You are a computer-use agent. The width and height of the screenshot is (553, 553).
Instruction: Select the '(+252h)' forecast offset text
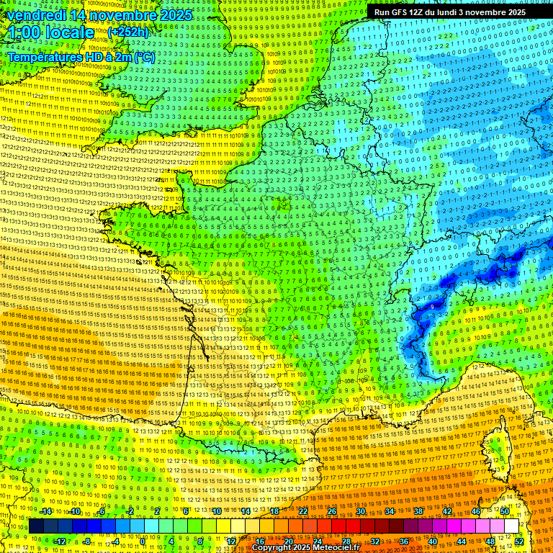(x=128, y=32)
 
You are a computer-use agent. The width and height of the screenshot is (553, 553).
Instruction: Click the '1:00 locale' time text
(x=50, y=32)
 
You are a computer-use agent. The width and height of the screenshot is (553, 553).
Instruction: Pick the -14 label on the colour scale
(x=47, y=512)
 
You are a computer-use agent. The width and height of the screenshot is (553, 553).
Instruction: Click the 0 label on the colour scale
(x=143, y=541)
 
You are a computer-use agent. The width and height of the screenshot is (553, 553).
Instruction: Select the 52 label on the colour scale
(x=519, y=541)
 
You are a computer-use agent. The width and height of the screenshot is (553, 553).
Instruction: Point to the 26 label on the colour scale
(x=332, y=512)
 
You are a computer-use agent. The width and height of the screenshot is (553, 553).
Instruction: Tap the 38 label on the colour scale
(x=418, y=512)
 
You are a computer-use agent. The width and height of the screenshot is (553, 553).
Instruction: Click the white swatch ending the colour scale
(x=512, y=526)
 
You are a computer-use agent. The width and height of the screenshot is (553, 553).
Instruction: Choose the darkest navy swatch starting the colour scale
(x=37, y=526)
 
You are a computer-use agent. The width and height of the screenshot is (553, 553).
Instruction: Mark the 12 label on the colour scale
(x=231, y=541)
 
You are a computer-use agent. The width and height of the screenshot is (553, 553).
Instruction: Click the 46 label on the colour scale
(x=476, y=512)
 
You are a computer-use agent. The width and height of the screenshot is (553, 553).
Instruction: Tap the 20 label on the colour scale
(x=289, y=541)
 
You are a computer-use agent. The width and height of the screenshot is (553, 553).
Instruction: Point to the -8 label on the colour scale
(x=87, y=541)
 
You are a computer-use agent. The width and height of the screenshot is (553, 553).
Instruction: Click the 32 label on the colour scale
(x=375, y=541)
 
